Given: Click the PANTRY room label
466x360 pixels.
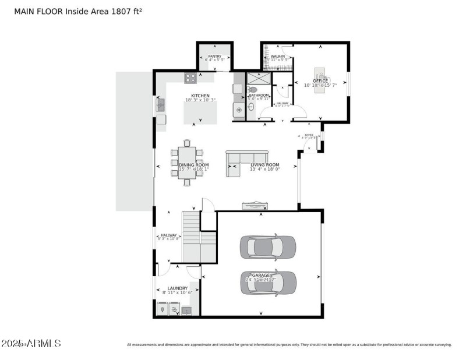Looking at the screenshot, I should pos(214,56).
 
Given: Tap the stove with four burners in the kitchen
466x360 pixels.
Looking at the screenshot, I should pos(190,78).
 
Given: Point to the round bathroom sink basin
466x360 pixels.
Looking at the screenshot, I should pos(239,109).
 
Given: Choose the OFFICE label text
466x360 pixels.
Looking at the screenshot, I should pos(320,81).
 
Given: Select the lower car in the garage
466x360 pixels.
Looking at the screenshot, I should pos(269,283).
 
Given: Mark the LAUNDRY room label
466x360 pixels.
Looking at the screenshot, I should pos(178,288).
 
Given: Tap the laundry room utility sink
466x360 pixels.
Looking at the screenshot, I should pos(186,310).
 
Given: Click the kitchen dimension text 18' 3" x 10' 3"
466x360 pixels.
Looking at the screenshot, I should pos(200,100).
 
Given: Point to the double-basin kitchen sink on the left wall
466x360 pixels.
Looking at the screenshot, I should pos(161,105).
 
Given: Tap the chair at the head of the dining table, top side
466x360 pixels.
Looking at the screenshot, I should pos(187,142).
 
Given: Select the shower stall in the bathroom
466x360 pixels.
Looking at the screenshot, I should pos(255,79).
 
